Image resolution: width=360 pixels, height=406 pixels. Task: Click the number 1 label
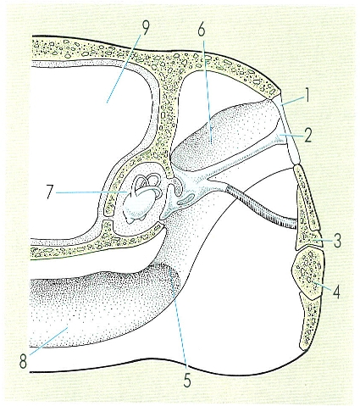pyautogui.click(x=307, y=95)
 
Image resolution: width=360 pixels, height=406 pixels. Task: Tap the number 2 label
pyautogui.click(x=307, y=135)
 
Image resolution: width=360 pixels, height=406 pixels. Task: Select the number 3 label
pyautogui.click(x=336, y=241)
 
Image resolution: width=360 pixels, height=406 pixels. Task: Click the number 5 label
pyautogui.click(x=186, y=380)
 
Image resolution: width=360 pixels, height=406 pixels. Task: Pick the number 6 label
pyautogui.click(x=202, y=29)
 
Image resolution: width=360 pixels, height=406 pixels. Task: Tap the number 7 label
pyautogui.click(x=50, y=192)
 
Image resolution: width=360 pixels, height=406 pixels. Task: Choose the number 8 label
pyautogui.click(x=24, y=361)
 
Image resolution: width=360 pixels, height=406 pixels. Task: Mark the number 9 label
pyautogui.click(x=145, y=28)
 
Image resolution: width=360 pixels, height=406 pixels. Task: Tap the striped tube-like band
pyautogui.click(x=262, y=205)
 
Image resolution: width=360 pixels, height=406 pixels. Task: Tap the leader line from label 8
pyautogui.click(x=48, y=341)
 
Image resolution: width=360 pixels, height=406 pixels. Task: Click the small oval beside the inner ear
pyautogui.click(x=186, y=198)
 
